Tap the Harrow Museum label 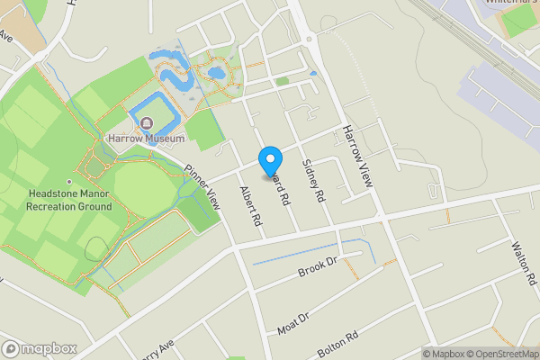click(x=146, y=139)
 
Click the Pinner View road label click(x=202, y=187)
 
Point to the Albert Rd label click(x=250, y=207)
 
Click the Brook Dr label click(x=318, y=267)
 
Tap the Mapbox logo click(x=40, y=348)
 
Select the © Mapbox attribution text click(x=445, y=354)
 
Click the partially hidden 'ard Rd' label click(x=281, y=184)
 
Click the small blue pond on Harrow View click(x=313, y=73)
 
